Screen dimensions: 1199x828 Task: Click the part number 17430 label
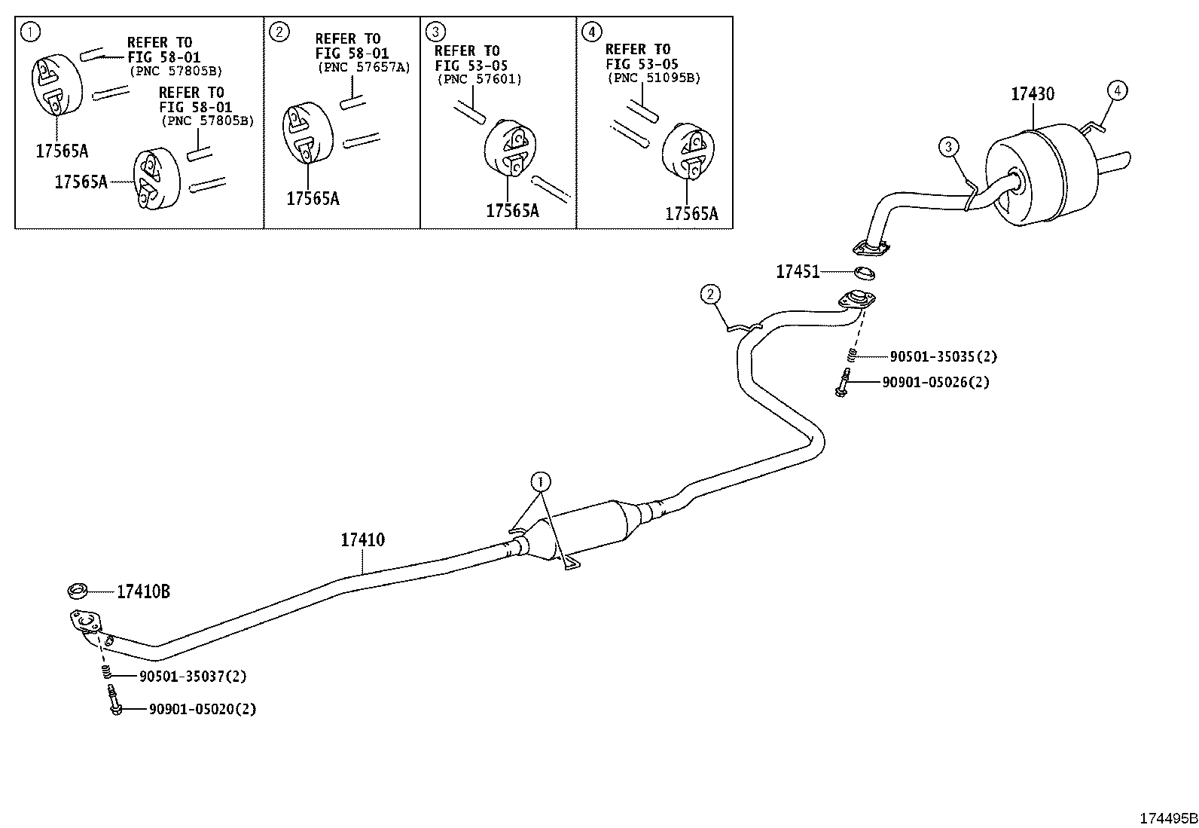tap(1032, 94)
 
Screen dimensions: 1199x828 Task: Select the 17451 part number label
tap(798, 272)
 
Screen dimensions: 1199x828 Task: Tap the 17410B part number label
tap(143, 591)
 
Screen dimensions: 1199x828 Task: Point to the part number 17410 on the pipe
tap(363, 539)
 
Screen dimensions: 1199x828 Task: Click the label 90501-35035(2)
tap(943, 356)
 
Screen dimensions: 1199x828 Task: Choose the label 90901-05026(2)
tap(935, 383)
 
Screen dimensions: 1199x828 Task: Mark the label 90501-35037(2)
tap(193, 677)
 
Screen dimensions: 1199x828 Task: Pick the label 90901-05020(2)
tap(203, 709)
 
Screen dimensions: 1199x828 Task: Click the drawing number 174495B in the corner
tap(1168, 818)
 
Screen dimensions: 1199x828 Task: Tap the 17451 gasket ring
tap(864, 273)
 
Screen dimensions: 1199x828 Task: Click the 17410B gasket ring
tap(78, 591)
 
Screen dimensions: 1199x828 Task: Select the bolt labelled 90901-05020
tap(114, 701)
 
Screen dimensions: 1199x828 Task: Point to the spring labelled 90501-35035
tap(852, 355)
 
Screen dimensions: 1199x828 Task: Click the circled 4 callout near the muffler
tap(1117, 90)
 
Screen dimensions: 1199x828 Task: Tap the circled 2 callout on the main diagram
tap(710, 294)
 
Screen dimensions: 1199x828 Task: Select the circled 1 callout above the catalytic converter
tap(541, 482)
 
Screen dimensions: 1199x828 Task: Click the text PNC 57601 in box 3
tap(480, 80)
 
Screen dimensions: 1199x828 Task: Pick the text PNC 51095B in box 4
tap(654, 78)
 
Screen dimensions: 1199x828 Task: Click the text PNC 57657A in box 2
tap(364, 68)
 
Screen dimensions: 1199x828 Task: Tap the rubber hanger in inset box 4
tap(688, 151)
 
